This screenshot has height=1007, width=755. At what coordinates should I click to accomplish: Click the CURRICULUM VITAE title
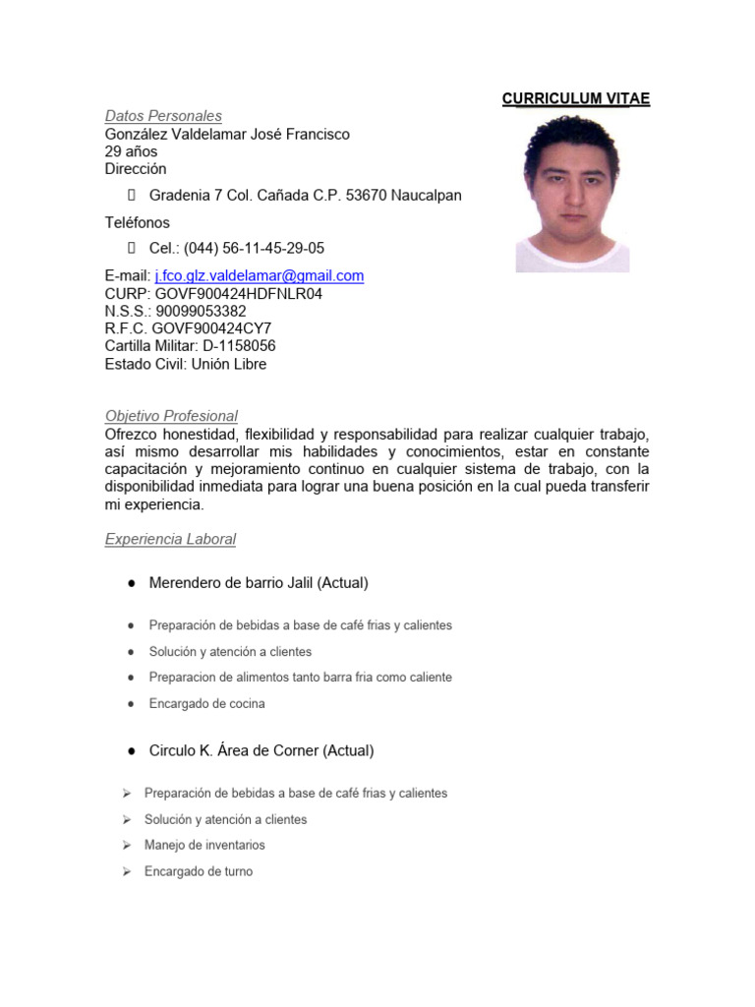coord(575,98)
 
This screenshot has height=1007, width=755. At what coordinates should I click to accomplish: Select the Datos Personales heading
coord(163,116)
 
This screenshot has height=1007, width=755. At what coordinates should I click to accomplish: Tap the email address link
coord(260,275)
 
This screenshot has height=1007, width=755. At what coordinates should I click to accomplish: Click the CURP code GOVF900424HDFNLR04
coord(239,293)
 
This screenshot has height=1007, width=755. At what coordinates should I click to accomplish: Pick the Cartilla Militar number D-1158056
coord(239,346)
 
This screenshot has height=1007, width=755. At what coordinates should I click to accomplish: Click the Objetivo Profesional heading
coord(171,416)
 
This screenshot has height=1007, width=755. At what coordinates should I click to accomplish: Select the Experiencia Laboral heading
coord(170,539)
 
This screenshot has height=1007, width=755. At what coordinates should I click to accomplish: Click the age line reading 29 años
coord(131,151)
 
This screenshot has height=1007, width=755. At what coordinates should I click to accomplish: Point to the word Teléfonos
coord(138,222)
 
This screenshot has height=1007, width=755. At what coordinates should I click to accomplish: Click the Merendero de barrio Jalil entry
coord(259,582)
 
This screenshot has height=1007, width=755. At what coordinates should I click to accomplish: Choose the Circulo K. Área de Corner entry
coord(261,750)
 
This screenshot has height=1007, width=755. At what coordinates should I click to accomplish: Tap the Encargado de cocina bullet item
coord(206,703)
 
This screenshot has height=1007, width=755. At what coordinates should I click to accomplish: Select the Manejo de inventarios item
coord(204,845)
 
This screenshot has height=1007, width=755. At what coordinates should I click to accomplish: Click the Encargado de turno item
coord(198,871)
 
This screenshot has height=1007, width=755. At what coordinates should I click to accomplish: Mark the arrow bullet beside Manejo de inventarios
coord(127,845)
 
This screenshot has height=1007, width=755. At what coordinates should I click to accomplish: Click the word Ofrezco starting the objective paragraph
coord(133,434)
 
